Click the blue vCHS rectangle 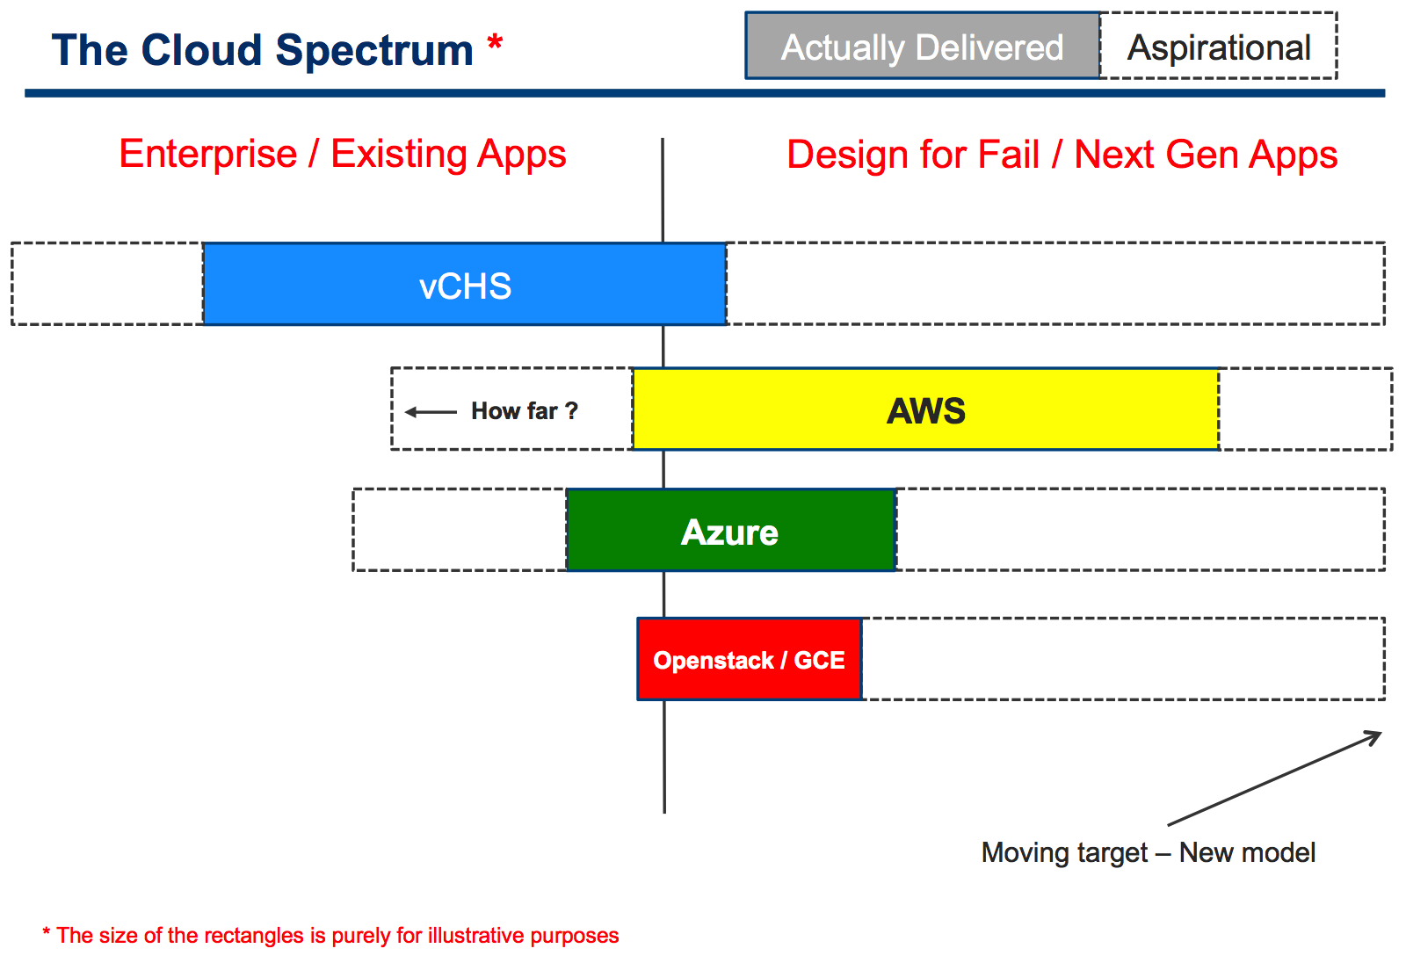(x=465, y=284)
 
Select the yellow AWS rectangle (x=926, y=409)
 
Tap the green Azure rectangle (x=730, y=530)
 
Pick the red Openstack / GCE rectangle (x=750, y=658)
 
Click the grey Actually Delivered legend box (x=923, y=46)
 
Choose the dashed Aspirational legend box (x=1218, y=46)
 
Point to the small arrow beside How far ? (x=431, y=412)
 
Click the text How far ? (x=524, y=410)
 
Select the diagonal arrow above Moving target (x=1274, y=778)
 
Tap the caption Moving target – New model (x=1148, y=852)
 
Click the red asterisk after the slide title (x=495, y=43)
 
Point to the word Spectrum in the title (x=374, y=52)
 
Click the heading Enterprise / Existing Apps (x=343, y=155)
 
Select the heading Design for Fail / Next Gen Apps (x=1062, y=155)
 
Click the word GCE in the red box (x=819, y=661)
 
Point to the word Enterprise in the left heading (x=207, y=155)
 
